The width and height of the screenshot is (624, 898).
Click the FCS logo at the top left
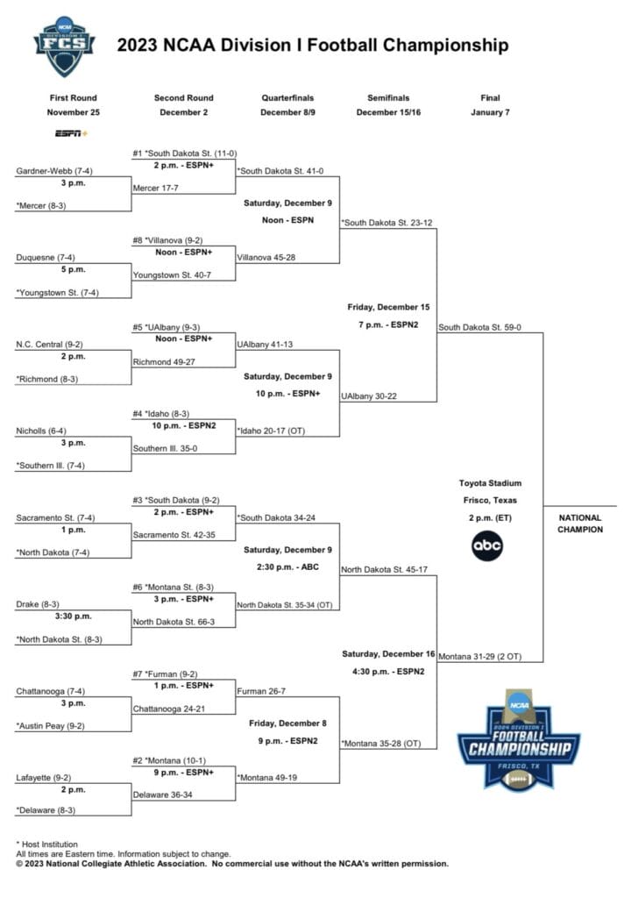click(x=64, y=46)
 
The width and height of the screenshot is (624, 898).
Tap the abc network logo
click(x=487, y=545)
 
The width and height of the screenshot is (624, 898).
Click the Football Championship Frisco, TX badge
click(x=519, y=740)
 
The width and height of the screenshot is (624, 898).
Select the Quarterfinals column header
click(x=287, y=98)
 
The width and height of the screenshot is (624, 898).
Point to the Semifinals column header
click(x=388, y=98)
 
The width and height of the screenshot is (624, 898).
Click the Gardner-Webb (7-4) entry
click(x=53, y=171)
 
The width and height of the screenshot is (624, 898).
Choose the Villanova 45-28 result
click(x=266, y=258)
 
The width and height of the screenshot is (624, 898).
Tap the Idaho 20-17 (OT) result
click(x=272, y=431)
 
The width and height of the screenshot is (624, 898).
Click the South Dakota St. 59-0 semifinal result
click(x=479, y=328)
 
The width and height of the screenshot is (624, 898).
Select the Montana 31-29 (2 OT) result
click(x=479, y=656)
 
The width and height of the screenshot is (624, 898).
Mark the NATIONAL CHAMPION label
click(x=580, y=524)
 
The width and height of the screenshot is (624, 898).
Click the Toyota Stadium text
click(x=490, y=483)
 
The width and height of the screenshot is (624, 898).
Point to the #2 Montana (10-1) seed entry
click(x=169, y=760)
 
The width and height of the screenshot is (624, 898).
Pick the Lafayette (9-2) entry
click(x=44, y=778)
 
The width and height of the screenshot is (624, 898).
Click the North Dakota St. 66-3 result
click(x=174, y=622)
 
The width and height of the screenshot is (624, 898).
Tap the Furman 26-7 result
click(x=261, y=691)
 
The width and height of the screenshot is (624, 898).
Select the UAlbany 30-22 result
click(x=369, y=396)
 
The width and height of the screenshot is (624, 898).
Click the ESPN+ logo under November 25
click(x=72, y=133)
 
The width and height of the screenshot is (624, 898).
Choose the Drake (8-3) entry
click(x=37, y=604)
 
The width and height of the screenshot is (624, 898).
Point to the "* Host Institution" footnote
click(x=47, y=845)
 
